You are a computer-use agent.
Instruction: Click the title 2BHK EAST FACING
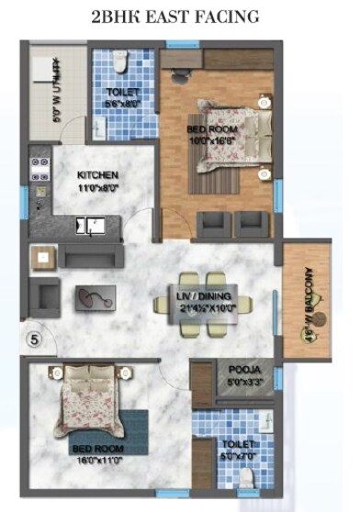(175, 17)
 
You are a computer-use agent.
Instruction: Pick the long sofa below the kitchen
(92, 257)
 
